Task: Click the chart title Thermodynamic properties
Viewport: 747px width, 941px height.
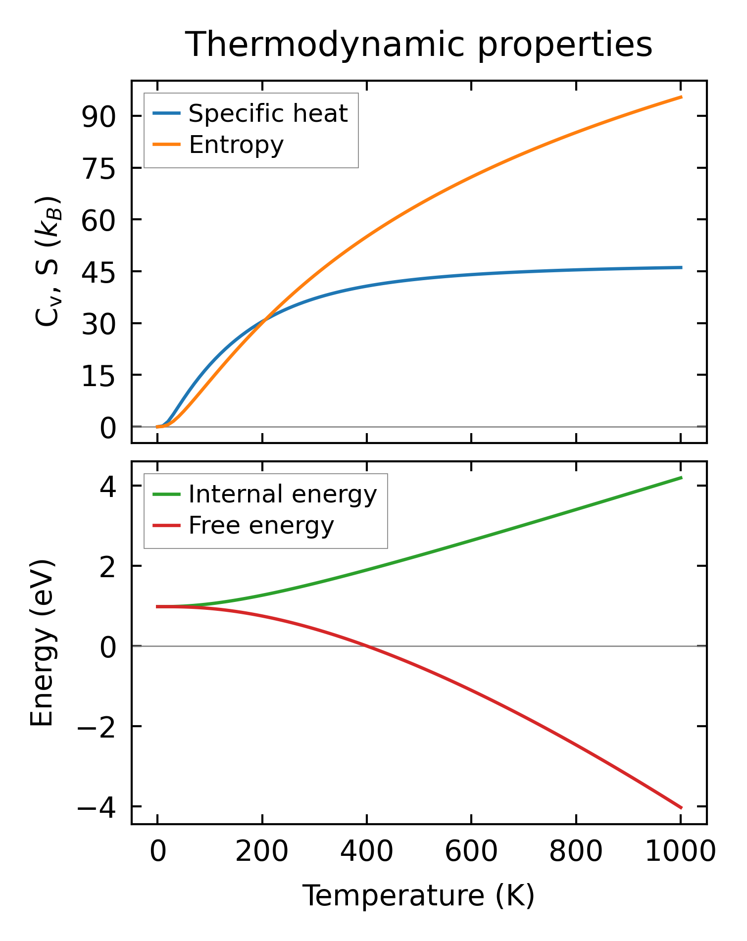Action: point(419,45)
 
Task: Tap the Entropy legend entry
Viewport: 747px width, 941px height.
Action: point(236,145)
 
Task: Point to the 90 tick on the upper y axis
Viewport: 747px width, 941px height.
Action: point(99,117)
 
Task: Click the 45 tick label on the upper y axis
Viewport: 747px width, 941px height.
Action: point(99,272)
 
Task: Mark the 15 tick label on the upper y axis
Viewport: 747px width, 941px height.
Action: point(99,376)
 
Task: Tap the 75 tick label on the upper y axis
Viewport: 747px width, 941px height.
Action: point(99,169)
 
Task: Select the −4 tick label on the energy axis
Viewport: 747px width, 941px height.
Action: point(97,807)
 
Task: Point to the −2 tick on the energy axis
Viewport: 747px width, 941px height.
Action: point(97,727)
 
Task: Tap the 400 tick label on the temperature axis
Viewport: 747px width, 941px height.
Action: point(366,851)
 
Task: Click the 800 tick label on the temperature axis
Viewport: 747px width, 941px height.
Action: point(576,851)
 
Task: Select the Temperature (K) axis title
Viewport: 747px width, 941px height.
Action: point(419,895)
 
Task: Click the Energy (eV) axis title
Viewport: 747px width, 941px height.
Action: point(42,643)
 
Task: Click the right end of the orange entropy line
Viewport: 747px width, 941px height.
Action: point(681,97)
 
